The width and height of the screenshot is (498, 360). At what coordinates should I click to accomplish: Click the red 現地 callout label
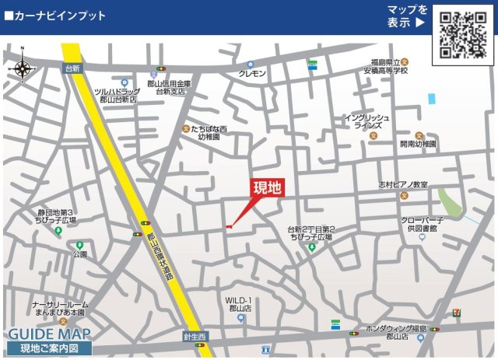[x=267, y=187]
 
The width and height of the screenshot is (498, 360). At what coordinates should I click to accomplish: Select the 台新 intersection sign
[x=72, y=68]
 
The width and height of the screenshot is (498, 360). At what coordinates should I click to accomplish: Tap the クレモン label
[x=252, y=73]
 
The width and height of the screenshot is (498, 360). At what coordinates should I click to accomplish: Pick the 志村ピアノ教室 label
[x=403, y=185]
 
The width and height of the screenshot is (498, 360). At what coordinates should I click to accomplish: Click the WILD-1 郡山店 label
[x=239, y=304]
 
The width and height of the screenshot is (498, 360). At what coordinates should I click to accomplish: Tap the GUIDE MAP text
[x=49, y=334]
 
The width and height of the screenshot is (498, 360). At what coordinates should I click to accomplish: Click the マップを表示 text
[x=408, y=16]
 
